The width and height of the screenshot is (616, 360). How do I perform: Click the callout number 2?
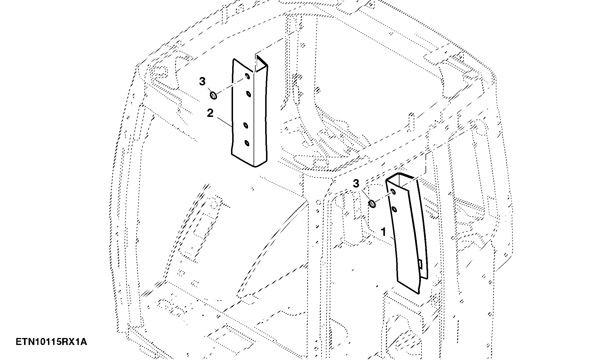click(210, 113)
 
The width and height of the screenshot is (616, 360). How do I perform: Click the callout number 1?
click(384, 232)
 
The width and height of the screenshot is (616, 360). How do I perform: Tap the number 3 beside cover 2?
click(202, 82)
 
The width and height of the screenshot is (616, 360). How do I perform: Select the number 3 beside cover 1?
click(356, 183)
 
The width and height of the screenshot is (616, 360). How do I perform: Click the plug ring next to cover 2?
click(214, 95)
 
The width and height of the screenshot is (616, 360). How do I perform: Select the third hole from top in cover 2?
click(246, 126)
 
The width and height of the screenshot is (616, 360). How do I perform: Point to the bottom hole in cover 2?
click(247, 143)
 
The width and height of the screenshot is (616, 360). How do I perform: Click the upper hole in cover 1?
click(393, 192)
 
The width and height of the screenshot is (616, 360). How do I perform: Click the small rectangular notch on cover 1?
click(420, 264)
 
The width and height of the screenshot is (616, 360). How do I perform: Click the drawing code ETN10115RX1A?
click(51, 342)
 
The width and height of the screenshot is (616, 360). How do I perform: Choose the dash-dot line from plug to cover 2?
click(231, 86)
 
